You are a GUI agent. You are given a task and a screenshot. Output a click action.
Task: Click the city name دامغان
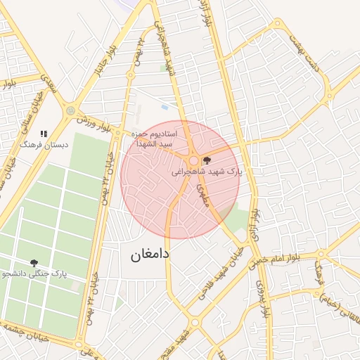coord(150,255)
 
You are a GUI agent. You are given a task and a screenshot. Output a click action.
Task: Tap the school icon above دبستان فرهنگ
coord(44,133)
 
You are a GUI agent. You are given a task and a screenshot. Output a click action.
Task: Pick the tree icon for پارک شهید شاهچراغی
coord(205,160)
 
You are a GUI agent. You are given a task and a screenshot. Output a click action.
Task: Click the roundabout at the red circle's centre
coord(193,161)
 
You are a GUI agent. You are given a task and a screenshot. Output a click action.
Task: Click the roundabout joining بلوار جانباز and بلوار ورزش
coord(70,110)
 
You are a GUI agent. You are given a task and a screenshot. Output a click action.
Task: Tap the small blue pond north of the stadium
coord(165,107)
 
